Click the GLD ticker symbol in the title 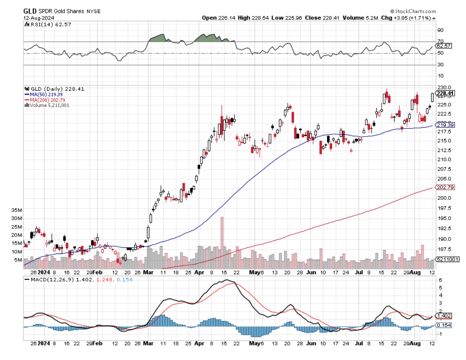pos(30,11)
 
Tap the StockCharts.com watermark pos(414,11)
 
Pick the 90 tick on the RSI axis pos(440,30)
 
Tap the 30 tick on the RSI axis pos(440,65)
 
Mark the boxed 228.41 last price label pos(445,93)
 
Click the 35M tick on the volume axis pos(17,210)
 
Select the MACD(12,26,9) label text pos(49,280)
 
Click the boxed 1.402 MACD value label pos(443,316)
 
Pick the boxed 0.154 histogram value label pos(443,325)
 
